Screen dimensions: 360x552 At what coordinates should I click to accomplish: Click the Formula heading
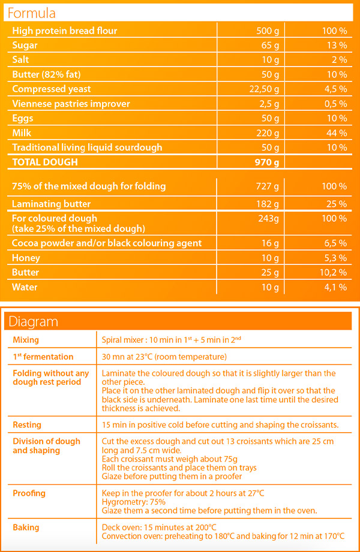tap(32, 13)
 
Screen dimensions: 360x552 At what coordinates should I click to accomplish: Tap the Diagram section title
tap(33, 321)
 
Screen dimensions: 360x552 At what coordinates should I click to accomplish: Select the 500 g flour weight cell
tap(268, 31)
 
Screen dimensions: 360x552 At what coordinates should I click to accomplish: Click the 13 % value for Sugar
tap(337, 46)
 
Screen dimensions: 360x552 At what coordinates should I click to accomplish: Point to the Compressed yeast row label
tap(52, 89)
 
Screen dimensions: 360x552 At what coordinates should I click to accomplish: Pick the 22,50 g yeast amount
tap(264, 89)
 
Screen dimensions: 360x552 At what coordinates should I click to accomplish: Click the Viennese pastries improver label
tap(71, 104)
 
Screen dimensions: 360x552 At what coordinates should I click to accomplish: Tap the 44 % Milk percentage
tap(337, 133)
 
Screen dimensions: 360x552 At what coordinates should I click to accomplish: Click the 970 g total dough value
tap(267, 162)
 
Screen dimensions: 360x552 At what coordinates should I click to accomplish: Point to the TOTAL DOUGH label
tap(45, 162)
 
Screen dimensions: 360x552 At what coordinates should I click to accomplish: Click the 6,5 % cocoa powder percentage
tap(335, 243)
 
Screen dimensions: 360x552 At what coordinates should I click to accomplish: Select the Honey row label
tap(26, 258)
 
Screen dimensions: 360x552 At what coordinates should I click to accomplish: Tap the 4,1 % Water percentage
tap(335, 287)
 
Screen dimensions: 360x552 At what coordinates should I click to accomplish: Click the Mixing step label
tap(26, 340)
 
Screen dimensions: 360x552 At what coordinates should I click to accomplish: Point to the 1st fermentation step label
tap(43, 357)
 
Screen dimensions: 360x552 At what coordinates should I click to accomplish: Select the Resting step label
tap(27, 425)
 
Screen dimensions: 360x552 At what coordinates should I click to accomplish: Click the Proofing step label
tap(29, 493)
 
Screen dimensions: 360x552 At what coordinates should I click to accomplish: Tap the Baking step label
tap(26, 527)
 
